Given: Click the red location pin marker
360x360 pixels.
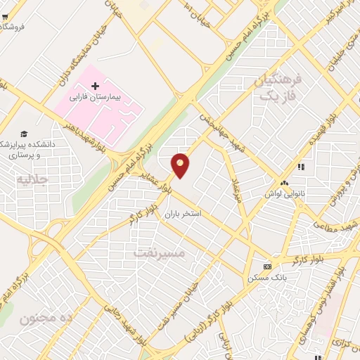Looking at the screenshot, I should [x=181, y=165].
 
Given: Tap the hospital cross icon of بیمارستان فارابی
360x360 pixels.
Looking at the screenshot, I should [x=96, y=86].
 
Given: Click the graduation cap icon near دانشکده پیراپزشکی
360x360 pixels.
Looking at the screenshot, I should [x=25, y=134].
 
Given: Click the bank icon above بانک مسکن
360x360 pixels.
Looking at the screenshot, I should [x=267, y=266].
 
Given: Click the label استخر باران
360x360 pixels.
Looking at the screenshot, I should [x=184, y=212].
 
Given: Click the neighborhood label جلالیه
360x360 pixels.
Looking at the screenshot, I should [x=31, y=180].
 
